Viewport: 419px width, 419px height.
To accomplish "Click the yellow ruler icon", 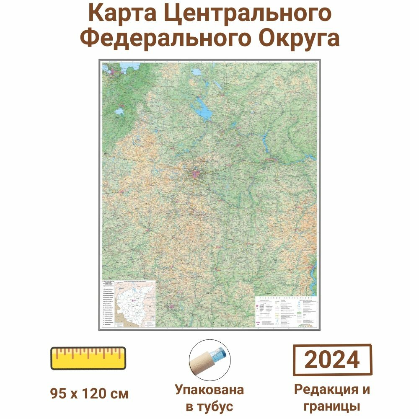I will coord(88,358).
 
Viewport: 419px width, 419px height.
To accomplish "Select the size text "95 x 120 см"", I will coord(89,394).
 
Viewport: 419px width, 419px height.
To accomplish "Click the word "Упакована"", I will coord(209,391).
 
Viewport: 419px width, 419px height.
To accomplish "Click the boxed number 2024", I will coord(332,359).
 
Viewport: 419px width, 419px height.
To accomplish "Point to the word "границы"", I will coord(332,406).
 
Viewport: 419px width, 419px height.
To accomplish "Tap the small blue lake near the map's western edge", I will coord(119,111).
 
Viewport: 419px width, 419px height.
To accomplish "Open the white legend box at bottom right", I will coord(286,312).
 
